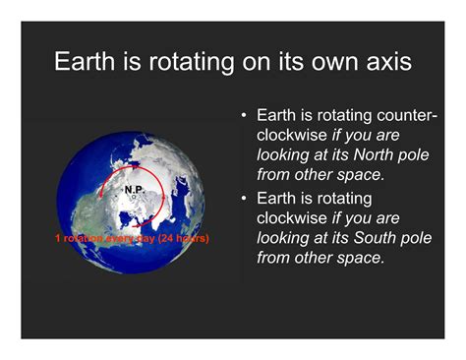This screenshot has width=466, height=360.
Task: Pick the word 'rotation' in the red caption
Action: [x=87, y=238]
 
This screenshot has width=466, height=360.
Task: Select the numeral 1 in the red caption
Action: [x=57, y=238]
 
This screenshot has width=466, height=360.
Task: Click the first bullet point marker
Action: [x=245, y=115]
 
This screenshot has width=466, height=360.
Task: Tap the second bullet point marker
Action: [x=245, y=199]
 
